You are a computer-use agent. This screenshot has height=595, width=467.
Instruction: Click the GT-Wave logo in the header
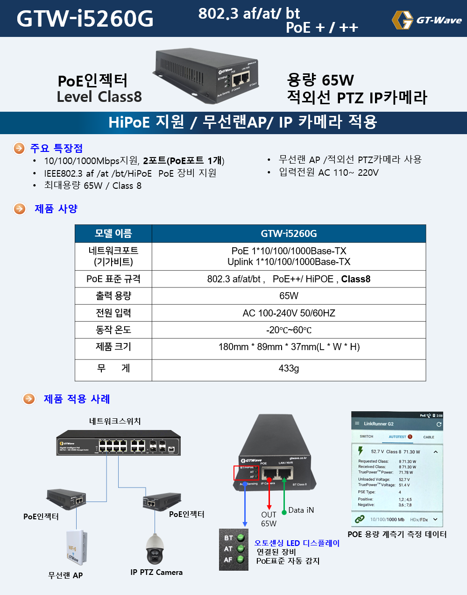pyautogui.click(x=426, y=20)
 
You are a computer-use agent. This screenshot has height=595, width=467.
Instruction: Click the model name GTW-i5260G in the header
pyautogui.click(x=85, y=19)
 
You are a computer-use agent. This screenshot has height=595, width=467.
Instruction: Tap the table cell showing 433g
pyautogui.click(x=289, y=368)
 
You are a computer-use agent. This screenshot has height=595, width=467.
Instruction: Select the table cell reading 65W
pyautogui.click(x=289, y=296)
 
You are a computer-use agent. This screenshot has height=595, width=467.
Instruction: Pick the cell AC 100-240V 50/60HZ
pyautogui.click(x=289, y=313)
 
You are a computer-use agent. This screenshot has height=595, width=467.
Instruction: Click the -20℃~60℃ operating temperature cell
pyautogui.click(x=289, y=330)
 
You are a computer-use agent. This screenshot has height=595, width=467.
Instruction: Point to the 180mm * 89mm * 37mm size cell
pyautogui.click(x=289, y=347)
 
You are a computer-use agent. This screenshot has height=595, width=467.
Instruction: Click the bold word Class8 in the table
pyautogui.click(x=355, y=279)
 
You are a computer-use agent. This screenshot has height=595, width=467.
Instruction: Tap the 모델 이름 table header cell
pyautogui.click(x=113, y=233)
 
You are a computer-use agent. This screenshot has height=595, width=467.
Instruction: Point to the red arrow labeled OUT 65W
pyautogui.click(x=269, y=495)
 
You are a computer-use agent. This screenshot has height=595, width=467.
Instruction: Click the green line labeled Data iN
pyautogui.click(x=284, y=495)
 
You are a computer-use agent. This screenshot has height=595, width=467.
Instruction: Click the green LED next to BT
pyautogui.click(x=241, y=538)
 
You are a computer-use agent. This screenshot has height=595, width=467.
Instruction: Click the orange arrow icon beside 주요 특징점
pyautogui.click(x=19, y=148)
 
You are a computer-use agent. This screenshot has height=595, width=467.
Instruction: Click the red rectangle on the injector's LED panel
pyautogui.click(x=246, y=473)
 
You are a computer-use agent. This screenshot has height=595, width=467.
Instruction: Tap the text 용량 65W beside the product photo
pyautogui.click(x=320, y=80)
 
